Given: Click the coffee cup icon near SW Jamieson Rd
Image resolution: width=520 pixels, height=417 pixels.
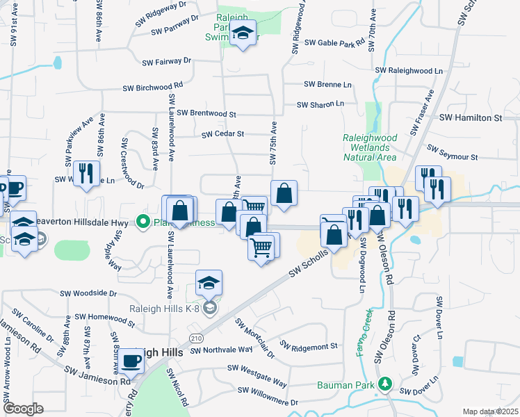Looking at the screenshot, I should [131, 361].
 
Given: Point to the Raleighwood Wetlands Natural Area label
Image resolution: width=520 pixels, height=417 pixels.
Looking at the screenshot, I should [370, 147].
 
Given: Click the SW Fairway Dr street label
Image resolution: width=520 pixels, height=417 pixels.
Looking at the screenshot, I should [166, 62].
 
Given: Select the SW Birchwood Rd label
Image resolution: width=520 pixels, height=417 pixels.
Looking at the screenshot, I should [152, 88].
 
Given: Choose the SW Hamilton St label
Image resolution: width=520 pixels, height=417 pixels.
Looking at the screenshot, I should [470, 119].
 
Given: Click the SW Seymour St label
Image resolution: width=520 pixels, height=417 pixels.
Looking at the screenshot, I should [453, 154].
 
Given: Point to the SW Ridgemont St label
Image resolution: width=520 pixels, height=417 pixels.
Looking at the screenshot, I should [309, 345].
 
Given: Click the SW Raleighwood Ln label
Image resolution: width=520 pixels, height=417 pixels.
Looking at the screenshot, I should [409, 71].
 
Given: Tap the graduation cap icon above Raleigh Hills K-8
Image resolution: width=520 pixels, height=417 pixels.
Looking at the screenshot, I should [209, 283].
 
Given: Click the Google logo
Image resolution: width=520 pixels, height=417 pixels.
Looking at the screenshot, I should [23, 409].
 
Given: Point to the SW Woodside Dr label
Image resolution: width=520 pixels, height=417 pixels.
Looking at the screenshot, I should [88, 293].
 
